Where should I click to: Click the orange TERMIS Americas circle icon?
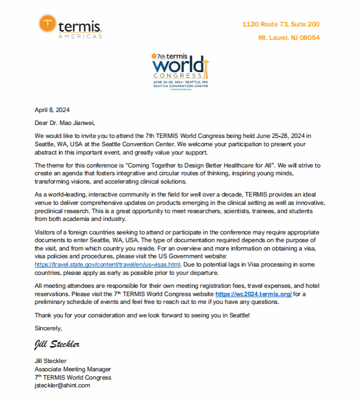click(x=48, y=24)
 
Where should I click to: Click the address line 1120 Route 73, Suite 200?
click(x=281, y=24)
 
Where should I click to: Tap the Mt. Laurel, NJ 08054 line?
click(x=289, y=38)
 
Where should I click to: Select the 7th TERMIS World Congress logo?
click(x=181, y=72)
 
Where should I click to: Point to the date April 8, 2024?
click(x=52, y=110)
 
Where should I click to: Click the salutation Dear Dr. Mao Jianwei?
click(x=65, y=123)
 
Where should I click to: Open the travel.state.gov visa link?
click(x=107, y=264)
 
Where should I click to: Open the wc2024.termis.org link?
click(x=254, y=294)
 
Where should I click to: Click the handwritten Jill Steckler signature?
click(x=57, y=344)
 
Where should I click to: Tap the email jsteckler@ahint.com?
click(x=62, y=385)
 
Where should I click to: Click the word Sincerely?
click(x=48, y=328)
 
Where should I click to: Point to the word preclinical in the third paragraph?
click(x=50, y=211)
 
